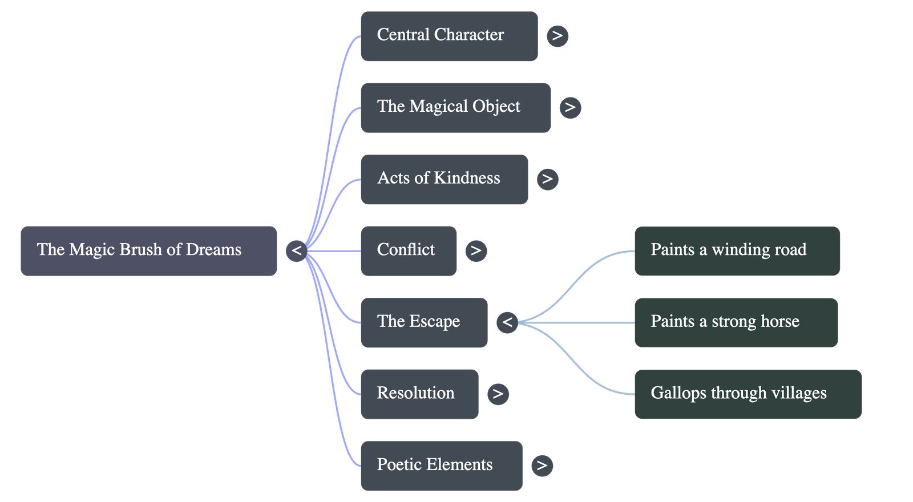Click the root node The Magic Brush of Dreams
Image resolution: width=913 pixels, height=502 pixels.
[148, 250]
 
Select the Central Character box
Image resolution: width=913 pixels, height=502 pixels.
[449, 36]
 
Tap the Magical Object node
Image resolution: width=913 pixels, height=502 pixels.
[455, 107]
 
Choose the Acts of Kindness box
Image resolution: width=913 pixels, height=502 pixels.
[444, 179]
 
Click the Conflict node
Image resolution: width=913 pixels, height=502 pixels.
[408, 250]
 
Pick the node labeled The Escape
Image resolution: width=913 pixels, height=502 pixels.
[423, 322]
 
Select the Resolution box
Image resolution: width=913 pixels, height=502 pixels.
[419, 394]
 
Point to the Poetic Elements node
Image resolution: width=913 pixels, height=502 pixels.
[441, 465]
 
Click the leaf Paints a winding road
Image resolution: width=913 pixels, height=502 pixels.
[737, 250]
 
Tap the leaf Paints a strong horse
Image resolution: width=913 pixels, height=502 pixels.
[736, 322]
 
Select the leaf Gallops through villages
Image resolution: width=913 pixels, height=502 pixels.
[748, 394]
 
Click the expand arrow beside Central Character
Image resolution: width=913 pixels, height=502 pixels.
[557, 36]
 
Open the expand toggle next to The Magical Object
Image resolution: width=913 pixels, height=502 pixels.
[570, 107]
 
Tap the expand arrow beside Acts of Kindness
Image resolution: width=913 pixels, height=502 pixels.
[547, 179]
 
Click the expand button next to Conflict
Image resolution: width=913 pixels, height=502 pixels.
[476, 250]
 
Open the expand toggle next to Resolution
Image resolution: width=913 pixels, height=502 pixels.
[498, 394]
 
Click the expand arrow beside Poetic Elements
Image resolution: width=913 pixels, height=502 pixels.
[542, 465]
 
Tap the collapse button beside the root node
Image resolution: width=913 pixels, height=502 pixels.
[297, 250]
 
